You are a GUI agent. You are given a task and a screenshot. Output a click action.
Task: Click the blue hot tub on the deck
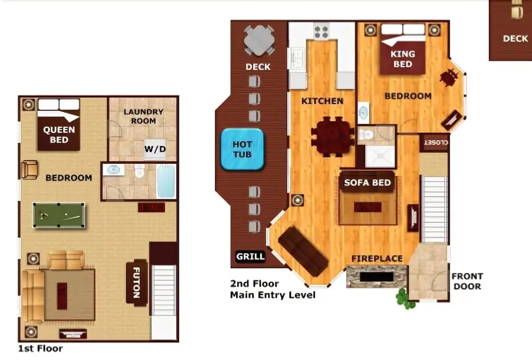242,149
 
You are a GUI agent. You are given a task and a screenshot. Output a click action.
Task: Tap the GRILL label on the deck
251,256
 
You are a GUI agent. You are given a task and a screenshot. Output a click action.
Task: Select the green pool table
59,215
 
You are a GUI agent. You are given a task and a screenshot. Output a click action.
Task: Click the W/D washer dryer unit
155,149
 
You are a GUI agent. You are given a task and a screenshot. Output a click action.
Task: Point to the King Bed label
403,59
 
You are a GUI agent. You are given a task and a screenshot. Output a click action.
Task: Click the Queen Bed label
59,135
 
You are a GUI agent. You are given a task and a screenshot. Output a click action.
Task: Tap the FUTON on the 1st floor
136,283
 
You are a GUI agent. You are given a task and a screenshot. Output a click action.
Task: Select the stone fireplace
377,277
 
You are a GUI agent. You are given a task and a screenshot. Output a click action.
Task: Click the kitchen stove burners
321,32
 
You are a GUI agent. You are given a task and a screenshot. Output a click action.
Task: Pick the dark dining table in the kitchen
332,137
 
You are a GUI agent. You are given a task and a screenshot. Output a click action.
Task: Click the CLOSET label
436,143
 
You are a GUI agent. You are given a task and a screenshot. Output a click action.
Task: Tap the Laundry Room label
143,116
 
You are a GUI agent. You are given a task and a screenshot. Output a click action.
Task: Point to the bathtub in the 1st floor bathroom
166,181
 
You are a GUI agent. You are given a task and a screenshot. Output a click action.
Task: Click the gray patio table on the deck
259,40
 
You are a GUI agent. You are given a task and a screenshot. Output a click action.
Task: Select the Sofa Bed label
368,183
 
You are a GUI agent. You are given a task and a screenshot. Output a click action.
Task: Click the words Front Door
467,281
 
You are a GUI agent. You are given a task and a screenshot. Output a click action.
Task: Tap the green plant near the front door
404,299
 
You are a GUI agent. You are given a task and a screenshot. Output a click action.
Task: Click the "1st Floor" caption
40,348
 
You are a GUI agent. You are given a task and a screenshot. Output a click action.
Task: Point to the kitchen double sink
297,58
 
